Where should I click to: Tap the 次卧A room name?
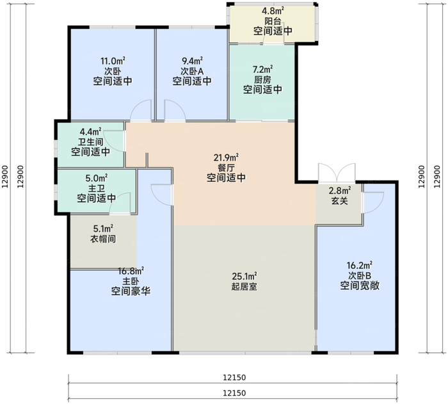pyautogui.click(x=192, y=70)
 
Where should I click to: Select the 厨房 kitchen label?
pyautogui.click(x=262, y=79)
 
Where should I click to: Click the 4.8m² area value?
pyautogui.click(x=273, y=10)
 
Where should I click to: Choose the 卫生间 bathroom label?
pyautogui.click(x=90, y=142)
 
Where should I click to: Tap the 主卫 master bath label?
pyautogui.click(x=97, y=188)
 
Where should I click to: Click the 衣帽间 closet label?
pyautogui.click(x=102, y=239)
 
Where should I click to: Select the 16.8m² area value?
pyautogui.click(x=131, y=270)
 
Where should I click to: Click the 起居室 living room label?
pyautogui.click(x=244, y=287)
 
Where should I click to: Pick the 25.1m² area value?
pyautogui.click(x=244, y=277)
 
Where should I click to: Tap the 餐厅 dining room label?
pyautogui.click(x=227, y=167)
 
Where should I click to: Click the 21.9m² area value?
pyautogui.click(x=227, y=157)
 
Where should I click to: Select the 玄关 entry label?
pyautogui.click(x=339, y=201)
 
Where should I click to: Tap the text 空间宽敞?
pyautogui.click(x=360, y=286)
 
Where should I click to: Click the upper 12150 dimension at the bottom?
pyautogui.click(x=235, y=377)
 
